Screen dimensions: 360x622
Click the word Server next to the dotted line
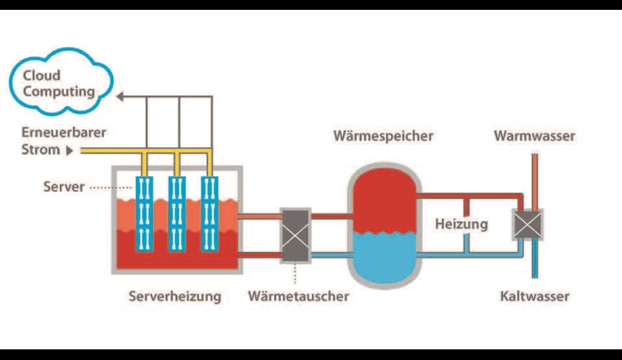pyautogui.click(x=63, y=187)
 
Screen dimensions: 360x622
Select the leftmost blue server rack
pyautogui.click(x=145, y=214)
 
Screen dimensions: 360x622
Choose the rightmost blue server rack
pyautogui.click(x=211, y=214)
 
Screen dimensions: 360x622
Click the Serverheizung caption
pyautogui.click(x=174, y=296)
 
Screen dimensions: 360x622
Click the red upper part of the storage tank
pyautogui.click(x=383, y=196)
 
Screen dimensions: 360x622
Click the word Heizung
pyautogui.click(x=462, y=223)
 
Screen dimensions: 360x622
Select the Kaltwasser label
pyautogui.click(x=534, y=296)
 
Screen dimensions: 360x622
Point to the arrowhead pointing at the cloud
pyautogui.click(x=120, y=97)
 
